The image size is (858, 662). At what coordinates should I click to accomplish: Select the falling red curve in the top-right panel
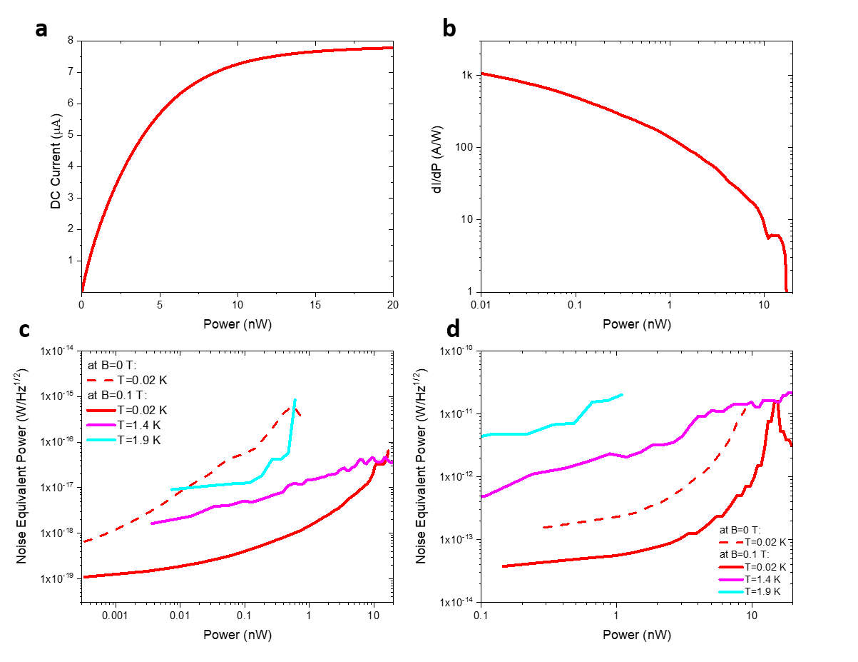click(x=620, y=114)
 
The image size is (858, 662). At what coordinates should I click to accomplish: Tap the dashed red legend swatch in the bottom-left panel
click(x=101, y=381)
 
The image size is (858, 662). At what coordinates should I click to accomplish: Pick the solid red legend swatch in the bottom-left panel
click(x=101, y=411)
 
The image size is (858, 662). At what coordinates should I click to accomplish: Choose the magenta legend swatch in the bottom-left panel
click(x=101, y=425)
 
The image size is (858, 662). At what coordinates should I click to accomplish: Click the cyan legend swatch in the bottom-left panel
click(x=101, y=440)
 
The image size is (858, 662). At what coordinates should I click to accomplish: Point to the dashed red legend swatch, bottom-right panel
click(x=731, y=543)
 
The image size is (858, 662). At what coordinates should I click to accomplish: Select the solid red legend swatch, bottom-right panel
click(x=731, y=567)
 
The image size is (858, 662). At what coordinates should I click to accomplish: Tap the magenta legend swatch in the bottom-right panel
click(x=731, y=580)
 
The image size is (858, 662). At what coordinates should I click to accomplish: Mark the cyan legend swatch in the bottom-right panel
click(x=731, y=592)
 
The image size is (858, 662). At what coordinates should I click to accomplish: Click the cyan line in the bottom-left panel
click(x=214, y=486)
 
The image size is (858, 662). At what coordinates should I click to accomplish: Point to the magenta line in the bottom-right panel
click(x=571, y=466)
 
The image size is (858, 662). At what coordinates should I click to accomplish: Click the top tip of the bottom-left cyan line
click(x=295, y=399)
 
